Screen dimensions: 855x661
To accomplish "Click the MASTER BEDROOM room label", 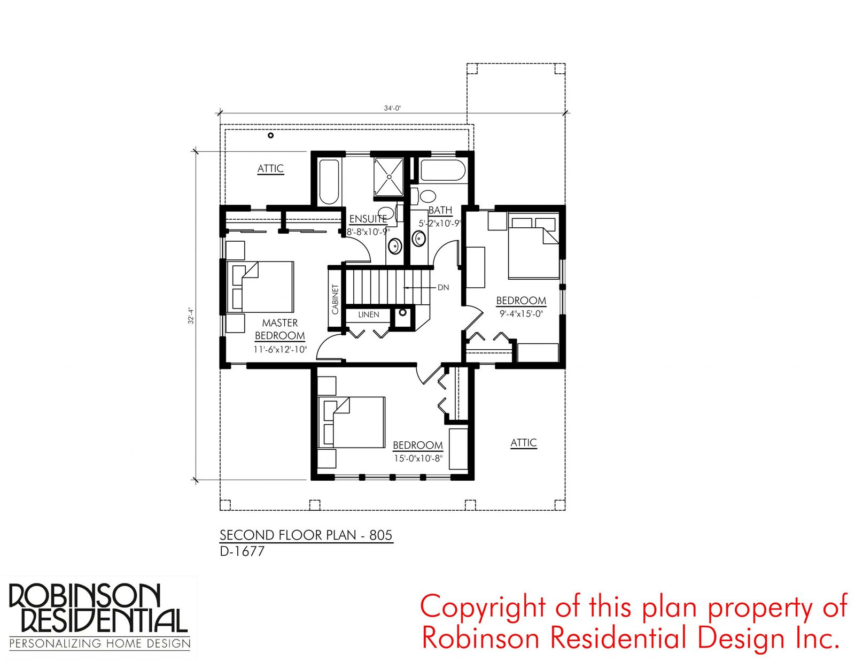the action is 280,329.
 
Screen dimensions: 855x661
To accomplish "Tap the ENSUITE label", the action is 368,219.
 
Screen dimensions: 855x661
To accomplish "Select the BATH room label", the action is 440,210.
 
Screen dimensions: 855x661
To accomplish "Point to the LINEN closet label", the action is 369,314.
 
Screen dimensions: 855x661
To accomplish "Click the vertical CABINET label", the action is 335,299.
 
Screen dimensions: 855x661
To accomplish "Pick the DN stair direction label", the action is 443,288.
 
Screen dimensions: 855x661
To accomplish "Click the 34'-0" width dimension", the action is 392,108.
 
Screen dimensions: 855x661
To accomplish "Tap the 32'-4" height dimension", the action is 191,316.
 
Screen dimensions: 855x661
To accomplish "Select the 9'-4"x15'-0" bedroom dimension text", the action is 522,314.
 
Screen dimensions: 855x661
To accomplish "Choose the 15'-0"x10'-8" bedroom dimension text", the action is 418,459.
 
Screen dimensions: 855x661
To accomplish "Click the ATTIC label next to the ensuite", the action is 270,169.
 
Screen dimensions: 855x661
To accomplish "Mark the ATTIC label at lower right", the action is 523,443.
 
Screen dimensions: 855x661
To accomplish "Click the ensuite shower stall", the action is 388,176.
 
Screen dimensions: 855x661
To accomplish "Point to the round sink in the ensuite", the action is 394,247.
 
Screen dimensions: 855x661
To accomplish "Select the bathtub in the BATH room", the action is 442,170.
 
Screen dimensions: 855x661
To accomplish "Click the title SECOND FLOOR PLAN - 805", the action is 306,535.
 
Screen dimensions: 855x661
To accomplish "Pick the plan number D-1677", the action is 242,551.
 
